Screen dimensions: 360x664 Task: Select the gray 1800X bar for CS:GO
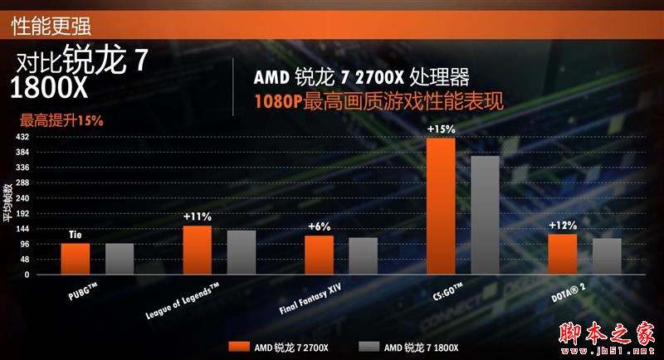[x=485, y=215]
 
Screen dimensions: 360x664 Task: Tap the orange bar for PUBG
[x=76, y=258]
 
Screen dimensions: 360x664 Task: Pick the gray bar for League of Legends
[x=242, y=252]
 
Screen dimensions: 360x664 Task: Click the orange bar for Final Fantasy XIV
[x=319, y=255]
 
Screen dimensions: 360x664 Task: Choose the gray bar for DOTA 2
[x=607, y=256]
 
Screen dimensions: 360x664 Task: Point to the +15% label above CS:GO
[x=441, y=129]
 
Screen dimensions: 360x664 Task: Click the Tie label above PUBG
[x=75, y=236]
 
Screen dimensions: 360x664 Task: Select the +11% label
[x=198, y=217]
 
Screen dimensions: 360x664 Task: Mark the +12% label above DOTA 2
[x=563, y=226]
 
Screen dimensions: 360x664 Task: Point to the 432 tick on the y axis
[x=23, y=137]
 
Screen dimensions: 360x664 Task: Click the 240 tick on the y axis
[x=23, y=198]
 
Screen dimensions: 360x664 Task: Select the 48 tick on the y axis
[x=25, y=259]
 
